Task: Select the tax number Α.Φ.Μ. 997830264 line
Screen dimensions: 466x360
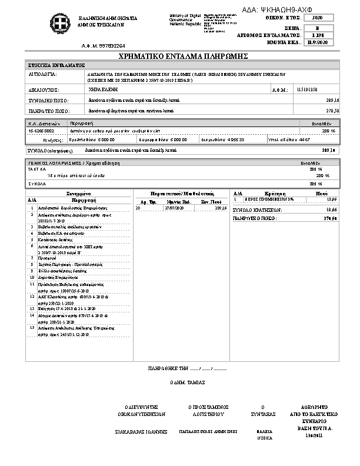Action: [x=103, y=45]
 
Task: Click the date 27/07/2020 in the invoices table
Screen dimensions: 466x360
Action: [x=174, y=208]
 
